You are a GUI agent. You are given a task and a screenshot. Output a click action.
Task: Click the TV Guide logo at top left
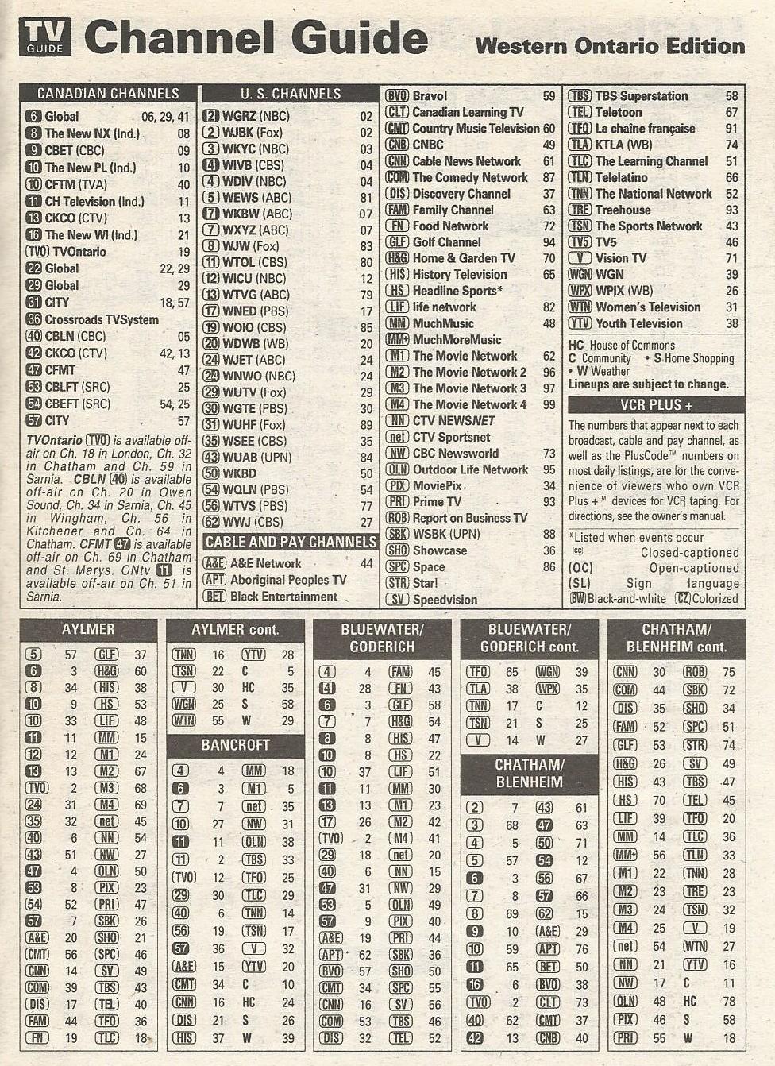(x=44, y=37)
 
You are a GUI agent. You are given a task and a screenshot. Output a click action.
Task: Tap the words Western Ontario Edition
(x=609, y=46)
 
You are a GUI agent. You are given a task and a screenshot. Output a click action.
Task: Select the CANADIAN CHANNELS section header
(x=108, y=94)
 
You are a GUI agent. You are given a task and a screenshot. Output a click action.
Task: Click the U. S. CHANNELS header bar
(x=291, y=94)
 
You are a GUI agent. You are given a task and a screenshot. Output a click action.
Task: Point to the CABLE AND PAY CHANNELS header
(x=291, y=542)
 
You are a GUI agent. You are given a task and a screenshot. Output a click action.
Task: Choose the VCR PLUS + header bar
(x=655, y=404)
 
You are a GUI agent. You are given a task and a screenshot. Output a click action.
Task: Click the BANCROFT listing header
(x=235, y=745)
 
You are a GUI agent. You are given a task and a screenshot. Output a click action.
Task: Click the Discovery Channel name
(x=461, y=194)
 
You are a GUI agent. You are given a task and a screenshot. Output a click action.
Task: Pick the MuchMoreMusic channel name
(x=457, y=339)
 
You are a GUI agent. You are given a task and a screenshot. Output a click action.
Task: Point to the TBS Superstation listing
(x=641, y=96)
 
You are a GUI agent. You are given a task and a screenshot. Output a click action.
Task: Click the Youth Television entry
(x=638, y=323)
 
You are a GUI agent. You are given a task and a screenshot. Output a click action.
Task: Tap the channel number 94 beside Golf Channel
(x=549, y=242)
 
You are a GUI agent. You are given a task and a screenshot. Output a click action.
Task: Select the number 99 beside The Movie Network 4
(x=549, y=404)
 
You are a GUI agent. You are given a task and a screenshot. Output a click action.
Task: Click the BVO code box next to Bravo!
(x=396, y=96)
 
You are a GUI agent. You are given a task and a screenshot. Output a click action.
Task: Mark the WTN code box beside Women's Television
(x=580, y=307)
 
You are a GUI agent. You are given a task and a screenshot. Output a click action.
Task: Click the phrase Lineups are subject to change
(x=648, y=384)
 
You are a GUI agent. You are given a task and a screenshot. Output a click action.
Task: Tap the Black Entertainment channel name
(x=283, y=597)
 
